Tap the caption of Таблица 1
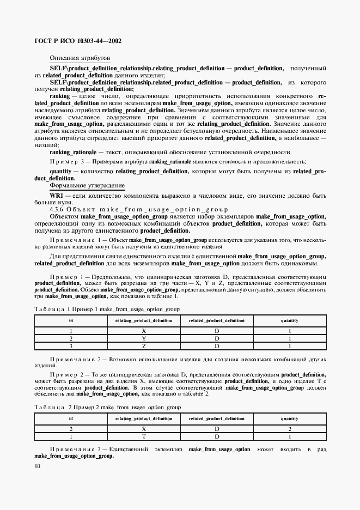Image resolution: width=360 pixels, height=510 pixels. pos(106,309)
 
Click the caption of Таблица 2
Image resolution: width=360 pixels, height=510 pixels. pos(107,407)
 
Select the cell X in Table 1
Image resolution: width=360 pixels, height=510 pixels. pos(143,330)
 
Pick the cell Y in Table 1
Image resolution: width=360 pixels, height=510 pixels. pos(143,338)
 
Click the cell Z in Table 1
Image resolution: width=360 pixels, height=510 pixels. pos(143,345)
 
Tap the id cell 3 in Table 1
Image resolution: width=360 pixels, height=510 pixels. pos(71,345)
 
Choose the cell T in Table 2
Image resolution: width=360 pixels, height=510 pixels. pos(143,436)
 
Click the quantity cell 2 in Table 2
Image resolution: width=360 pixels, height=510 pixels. pos(289,428)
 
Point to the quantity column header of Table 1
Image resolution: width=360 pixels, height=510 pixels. pos(289,320)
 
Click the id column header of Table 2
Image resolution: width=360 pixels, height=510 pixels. pos(71,418)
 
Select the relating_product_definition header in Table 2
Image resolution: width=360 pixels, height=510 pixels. pos(143,418)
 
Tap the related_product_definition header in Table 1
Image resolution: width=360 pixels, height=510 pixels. pos(216,320)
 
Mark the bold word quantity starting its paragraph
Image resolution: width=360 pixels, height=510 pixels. pos(60,171)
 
